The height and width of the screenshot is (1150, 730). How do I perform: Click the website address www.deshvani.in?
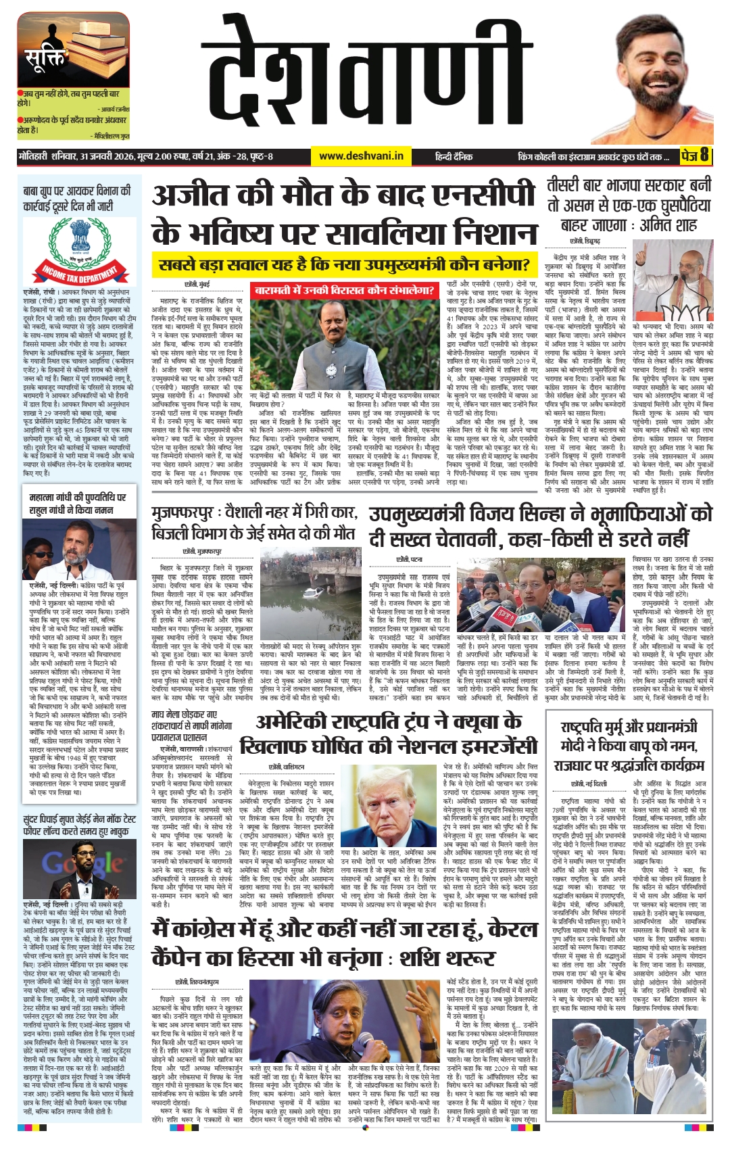(361, 156)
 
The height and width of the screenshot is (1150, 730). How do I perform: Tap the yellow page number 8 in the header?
(704, 155)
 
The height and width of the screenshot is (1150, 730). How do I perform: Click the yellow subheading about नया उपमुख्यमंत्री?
(343, 264)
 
